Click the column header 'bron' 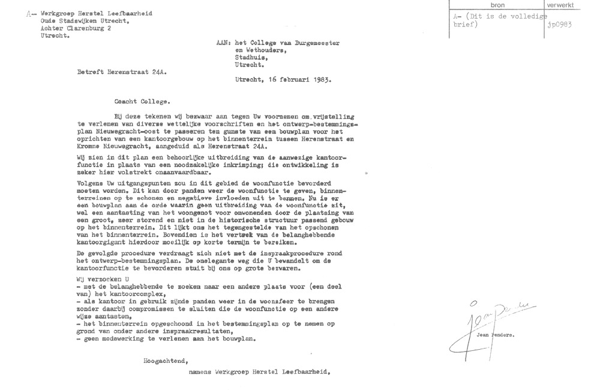coord(497,5)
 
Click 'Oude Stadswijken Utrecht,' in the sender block coord(76,20)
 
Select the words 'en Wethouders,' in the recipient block coord(258,52)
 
